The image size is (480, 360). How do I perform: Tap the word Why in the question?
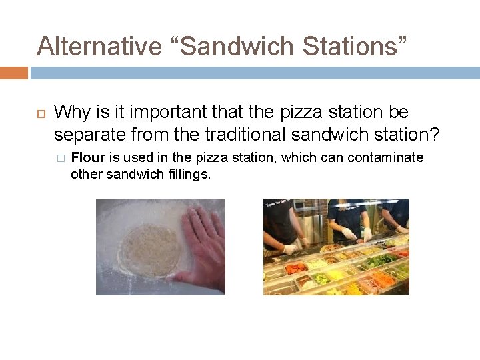point(71,113)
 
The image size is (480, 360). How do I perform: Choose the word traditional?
point(246,135)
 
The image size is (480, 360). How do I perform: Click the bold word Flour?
point(87,158)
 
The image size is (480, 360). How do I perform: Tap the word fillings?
point(187,174)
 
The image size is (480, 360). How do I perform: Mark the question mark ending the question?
point(435,135)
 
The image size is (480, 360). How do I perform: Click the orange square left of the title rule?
point(13,72)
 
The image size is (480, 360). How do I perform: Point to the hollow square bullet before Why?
point(41,113)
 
